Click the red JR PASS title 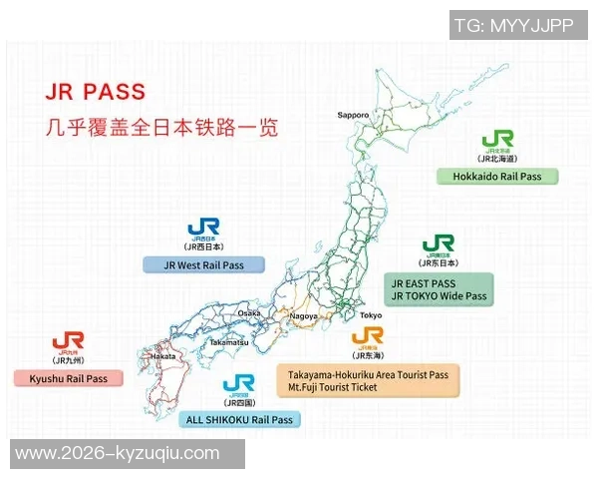point(96,91)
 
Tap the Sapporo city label point(353,115)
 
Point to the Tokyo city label point(371,316)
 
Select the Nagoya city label point(304,316)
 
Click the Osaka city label point(249,313)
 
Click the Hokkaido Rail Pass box point(497,177)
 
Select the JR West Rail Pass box point(204,264)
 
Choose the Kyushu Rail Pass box point(69,379)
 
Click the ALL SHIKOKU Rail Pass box point(239,420)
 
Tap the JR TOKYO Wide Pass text point(440,296)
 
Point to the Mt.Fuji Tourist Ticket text point(333,387)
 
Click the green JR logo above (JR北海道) point(497,141)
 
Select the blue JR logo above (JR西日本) point(203,229)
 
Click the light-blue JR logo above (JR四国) point(239,384)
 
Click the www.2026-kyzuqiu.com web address point(118,454)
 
